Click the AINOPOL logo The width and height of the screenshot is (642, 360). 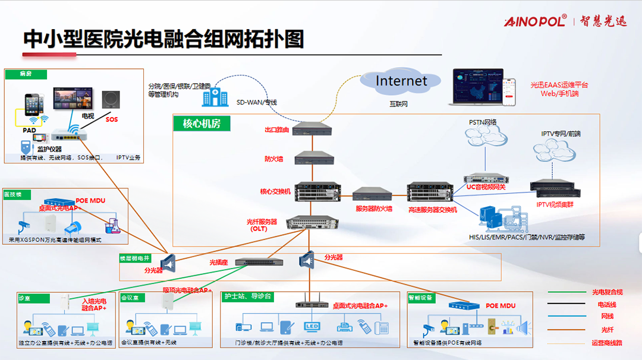click(x=535, y=22)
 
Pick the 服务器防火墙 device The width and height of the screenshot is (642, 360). click(x=372, y=194)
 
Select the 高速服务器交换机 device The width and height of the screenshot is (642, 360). click(x=430, y=191)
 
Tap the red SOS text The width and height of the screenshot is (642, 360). click(x=112, y=119)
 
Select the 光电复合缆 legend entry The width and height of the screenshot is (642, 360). click(x=607, y=292)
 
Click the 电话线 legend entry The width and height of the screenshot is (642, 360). click(x=607, y=304)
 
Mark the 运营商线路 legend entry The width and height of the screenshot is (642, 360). click(x=607, y=342)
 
